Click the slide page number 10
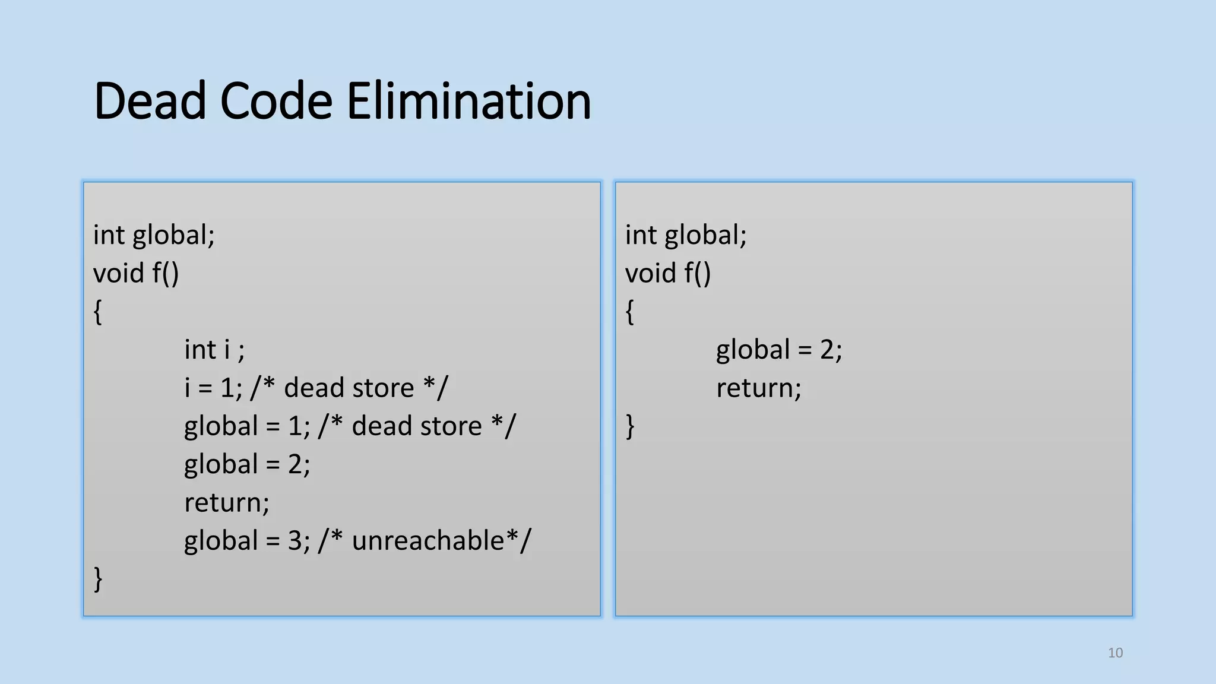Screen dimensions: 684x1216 coord(1115,653)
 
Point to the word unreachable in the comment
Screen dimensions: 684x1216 coord(427,541)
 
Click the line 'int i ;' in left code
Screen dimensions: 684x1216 coord(214,350)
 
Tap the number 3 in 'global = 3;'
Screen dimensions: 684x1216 coord(295,541)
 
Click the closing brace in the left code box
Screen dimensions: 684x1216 coord(98,579)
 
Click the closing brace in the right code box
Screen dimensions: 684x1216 coord(630,426)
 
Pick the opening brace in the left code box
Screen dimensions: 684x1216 coord(98,312)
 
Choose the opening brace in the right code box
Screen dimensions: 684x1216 coord(630,312)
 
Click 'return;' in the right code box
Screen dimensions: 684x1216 coord(758,388)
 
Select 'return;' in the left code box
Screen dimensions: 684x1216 coord(226,503)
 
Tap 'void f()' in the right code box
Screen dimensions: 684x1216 coord(667,274)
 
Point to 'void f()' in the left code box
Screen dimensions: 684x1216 coord(135,274)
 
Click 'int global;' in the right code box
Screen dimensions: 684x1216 coord(685,235)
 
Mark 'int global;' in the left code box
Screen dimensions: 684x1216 coord(153,235)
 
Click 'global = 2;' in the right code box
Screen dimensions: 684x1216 coord(778,350)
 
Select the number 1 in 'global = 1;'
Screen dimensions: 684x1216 coord(295,426)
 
